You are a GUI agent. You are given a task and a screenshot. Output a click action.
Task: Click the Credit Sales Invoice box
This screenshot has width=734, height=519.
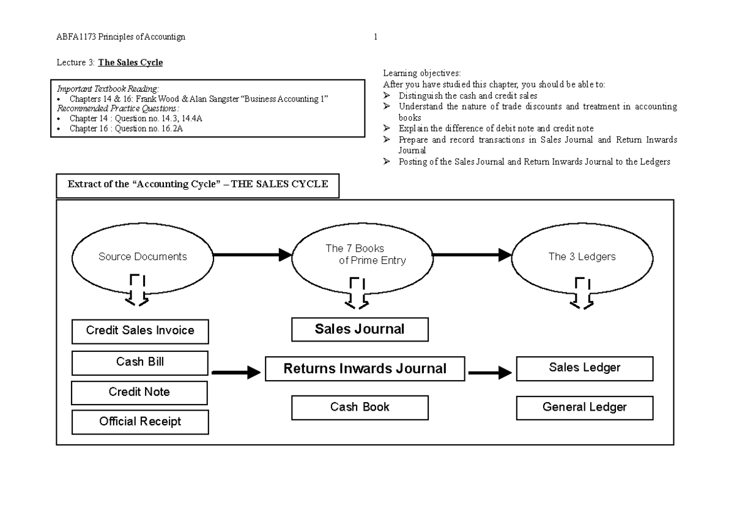click(140, 331)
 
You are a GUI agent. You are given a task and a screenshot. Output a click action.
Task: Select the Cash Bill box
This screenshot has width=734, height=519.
click(140, 362)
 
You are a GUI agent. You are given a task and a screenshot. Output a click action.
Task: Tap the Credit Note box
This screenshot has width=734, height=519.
click(140, 392)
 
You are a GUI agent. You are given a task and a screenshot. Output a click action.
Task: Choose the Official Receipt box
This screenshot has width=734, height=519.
click(140, 422)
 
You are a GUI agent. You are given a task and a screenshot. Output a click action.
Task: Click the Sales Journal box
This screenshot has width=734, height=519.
click(360, 330)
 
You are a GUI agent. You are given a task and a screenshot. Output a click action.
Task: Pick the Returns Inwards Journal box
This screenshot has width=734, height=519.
click(365, 369)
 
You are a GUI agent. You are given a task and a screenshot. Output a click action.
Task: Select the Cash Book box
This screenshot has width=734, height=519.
click(360, 407)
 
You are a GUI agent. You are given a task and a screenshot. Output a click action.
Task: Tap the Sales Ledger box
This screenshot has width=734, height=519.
click(585, 368)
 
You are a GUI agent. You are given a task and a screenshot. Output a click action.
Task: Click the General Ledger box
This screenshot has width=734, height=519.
click(585, 408)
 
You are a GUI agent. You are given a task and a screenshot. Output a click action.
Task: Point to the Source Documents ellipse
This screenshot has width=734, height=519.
click(142, 257)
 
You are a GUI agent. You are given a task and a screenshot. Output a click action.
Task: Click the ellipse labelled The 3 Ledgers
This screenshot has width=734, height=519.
click(582, 257)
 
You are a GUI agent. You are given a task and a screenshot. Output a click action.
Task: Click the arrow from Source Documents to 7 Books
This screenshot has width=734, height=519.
click(251, 255)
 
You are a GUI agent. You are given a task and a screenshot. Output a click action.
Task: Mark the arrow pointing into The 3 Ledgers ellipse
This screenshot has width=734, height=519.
click(472, 255)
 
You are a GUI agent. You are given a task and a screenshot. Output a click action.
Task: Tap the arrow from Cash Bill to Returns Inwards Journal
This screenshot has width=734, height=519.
click(236, 372)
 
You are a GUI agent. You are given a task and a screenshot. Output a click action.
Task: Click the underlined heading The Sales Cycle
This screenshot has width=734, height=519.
click(127, 62)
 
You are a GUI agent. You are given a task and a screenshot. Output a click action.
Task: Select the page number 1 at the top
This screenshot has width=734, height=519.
click(375, 37)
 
